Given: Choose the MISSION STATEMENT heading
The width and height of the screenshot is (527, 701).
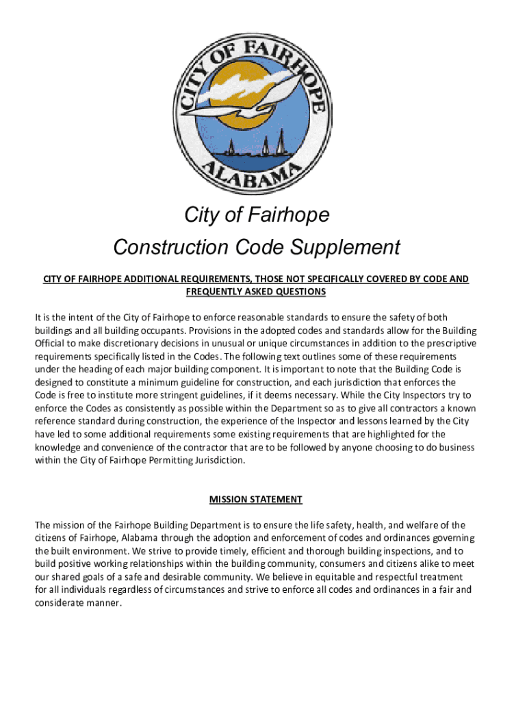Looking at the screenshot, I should point(256,499).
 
